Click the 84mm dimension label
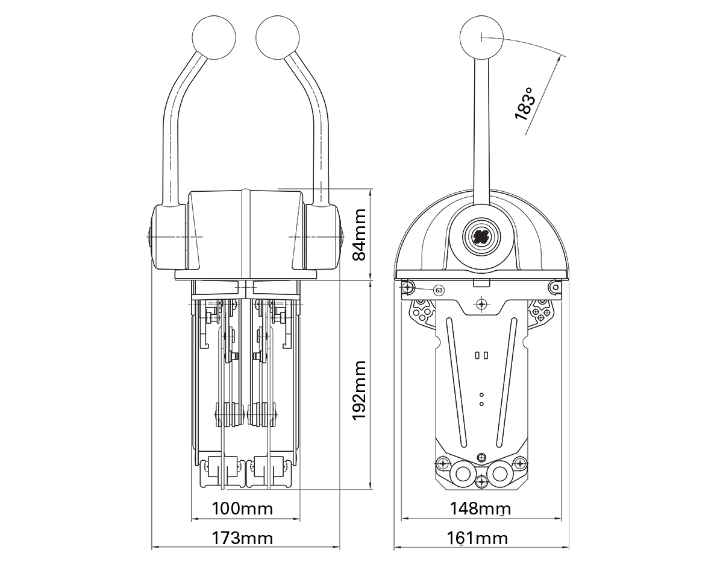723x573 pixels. (x=359, y=235)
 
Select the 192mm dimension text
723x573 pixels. (x=359, y=390)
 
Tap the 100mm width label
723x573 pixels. (x=242, y=508)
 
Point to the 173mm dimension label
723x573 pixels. (x=242, y=539)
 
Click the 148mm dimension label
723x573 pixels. (x=480, y=508)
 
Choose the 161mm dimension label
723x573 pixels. (x=477, y=539)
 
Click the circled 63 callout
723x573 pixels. (x=439, y=290)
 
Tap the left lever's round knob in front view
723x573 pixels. (x=214, y=37)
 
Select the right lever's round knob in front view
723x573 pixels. (x=278, y=37)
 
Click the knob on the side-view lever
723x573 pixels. (x=481, y=37)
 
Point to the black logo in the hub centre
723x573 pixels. (x=481, y=237)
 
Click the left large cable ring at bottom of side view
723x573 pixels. (x=463, y=475)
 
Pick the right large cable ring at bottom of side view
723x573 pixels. (x=500, y=475)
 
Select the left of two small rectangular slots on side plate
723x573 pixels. (x=477, y=355)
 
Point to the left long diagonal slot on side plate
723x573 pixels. (x=456, y=382)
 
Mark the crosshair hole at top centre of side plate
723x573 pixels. (x=482, y=305)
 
